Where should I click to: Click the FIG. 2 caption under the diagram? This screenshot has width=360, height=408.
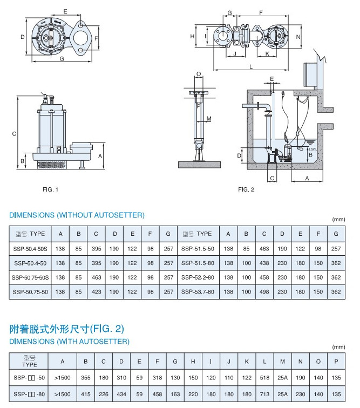pos(246,189)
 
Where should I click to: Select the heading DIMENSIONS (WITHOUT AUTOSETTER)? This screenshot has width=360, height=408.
pos(77,215)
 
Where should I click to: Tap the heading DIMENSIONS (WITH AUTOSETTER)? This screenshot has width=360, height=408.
pos(70,342)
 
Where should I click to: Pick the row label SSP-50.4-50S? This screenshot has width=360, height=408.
pos(30,248)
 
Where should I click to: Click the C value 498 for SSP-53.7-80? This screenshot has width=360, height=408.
pos(264,291)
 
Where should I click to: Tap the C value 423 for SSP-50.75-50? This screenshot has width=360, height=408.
pos(96,291)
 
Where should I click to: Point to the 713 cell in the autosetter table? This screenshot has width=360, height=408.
pos(264,394)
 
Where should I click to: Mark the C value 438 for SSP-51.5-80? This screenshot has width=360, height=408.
pos(264,263)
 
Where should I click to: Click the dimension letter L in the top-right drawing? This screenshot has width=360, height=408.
pos(252,66)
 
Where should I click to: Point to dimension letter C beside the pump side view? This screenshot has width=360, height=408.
pos(15,134)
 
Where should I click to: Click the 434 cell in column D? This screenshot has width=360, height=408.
pos(121,394)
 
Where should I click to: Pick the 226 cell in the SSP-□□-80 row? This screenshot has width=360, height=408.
pos(104,394)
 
